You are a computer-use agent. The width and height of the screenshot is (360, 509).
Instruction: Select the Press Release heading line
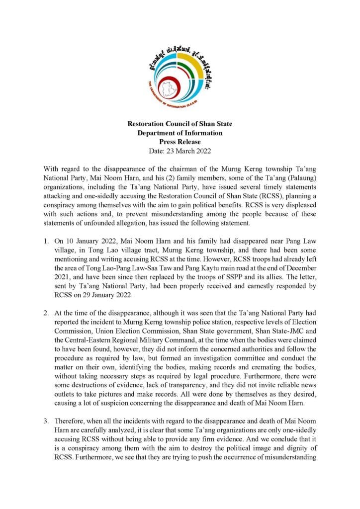tap(180, 142)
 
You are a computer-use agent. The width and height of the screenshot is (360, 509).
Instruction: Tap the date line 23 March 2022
tap(180, 150)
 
